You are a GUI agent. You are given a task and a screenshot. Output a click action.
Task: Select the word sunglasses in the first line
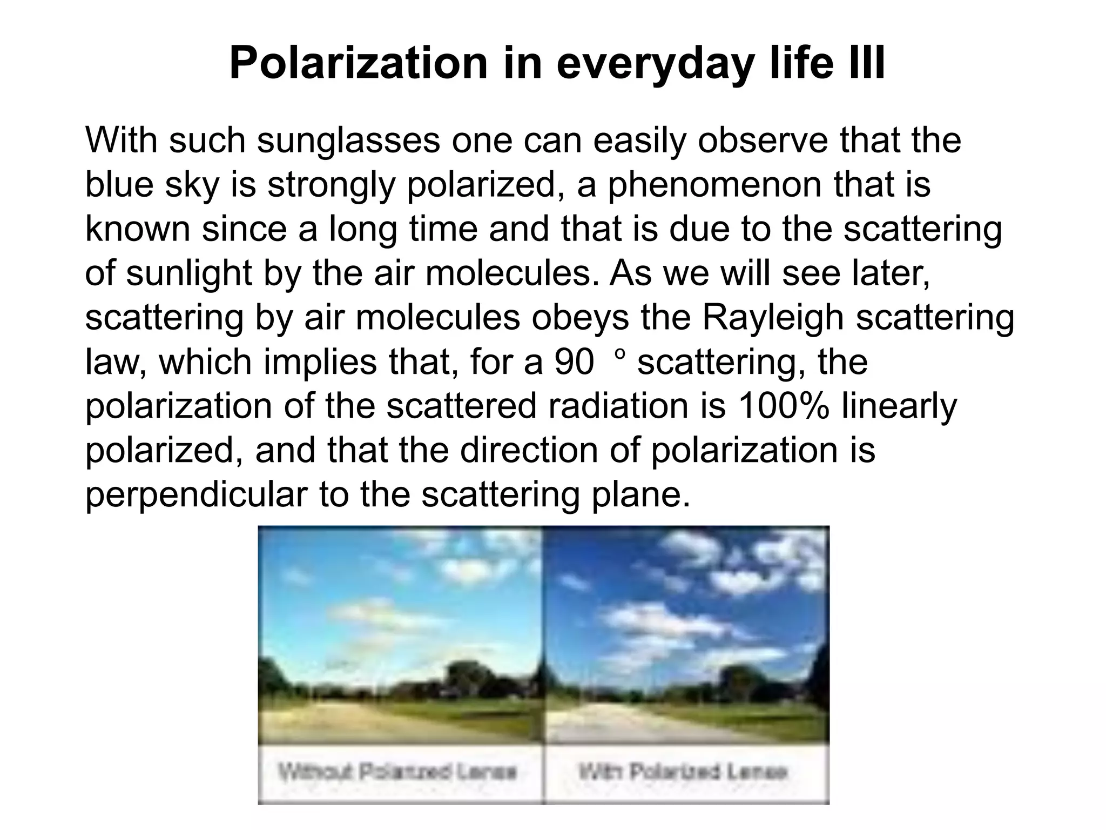tap(348, 140)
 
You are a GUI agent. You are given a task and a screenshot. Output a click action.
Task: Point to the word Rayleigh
tap(773, 318)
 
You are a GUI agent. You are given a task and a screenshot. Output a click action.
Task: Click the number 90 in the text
tap(574, 362)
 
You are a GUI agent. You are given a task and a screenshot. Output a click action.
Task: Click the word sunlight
tap(189, 273)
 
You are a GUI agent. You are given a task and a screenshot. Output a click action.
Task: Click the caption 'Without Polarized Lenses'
tap(397, 772)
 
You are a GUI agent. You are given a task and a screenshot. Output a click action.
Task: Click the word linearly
tap(899, 406)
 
